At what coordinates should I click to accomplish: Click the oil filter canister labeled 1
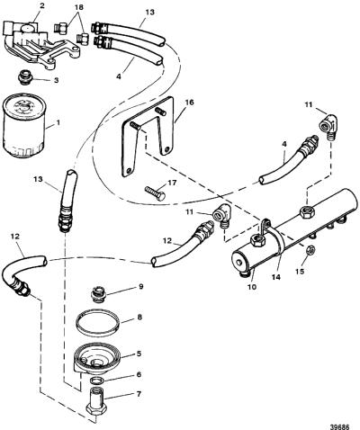(24, 125)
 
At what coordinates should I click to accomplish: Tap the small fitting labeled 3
(24, 77)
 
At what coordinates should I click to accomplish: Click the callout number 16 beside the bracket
(190, 103)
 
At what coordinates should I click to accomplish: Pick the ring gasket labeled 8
(98, 325)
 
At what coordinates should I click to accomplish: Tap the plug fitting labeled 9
(98, 293)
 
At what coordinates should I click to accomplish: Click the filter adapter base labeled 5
(97, 359)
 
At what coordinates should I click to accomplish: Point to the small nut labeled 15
(310, 249)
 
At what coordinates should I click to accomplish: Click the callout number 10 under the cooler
(252, 287)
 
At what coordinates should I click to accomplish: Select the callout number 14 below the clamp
(276, 277)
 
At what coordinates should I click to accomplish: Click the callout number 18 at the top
(79, 7)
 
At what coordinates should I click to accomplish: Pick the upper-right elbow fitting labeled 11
(328, 129)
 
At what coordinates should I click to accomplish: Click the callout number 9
(141, 287)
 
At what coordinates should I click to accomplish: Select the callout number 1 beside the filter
(58, 123)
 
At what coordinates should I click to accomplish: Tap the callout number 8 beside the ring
(139, 317)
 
